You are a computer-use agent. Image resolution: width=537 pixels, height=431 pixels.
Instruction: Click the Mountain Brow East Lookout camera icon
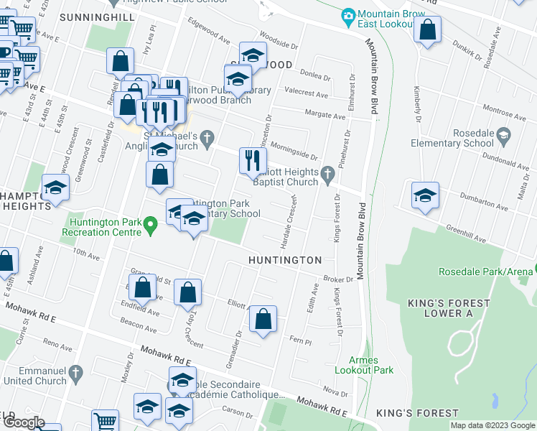(x=348, y=15)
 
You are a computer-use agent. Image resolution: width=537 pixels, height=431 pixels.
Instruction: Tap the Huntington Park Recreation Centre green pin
(x=150, y=228)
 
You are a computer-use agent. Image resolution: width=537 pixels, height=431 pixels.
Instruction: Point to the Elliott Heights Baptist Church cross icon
(x=327, y=172)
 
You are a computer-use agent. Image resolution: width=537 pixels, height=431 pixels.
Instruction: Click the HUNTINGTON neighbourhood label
(x=285, y=259)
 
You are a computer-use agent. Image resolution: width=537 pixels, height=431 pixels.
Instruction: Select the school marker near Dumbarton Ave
(x=425, y=195)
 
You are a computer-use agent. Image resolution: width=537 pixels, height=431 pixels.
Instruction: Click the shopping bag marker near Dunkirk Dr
(x=427, y=30)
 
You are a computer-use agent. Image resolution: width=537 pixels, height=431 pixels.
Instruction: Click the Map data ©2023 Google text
(x=492, y=425)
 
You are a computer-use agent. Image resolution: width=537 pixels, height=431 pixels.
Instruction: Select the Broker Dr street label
(x=339, y=279)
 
